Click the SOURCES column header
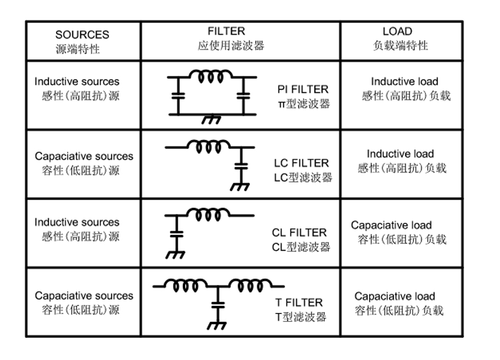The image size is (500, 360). click(x=82, y=35)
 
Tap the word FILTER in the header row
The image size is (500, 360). click(x=227, y=32)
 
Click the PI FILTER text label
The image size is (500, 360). click(x=303, y=89)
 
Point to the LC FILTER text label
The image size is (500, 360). click(x=301, y=163)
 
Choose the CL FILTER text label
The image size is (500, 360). click(x=299, y=232)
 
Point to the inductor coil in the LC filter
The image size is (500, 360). click(x=210, y=146)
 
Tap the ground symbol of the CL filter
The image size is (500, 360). click(x=175, y=255)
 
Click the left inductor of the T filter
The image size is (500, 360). click(x=183, y=286)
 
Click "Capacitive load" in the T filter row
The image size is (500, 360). click(x=394, y=296)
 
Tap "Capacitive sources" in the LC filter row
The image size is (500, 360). click(x=84, y=157)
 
